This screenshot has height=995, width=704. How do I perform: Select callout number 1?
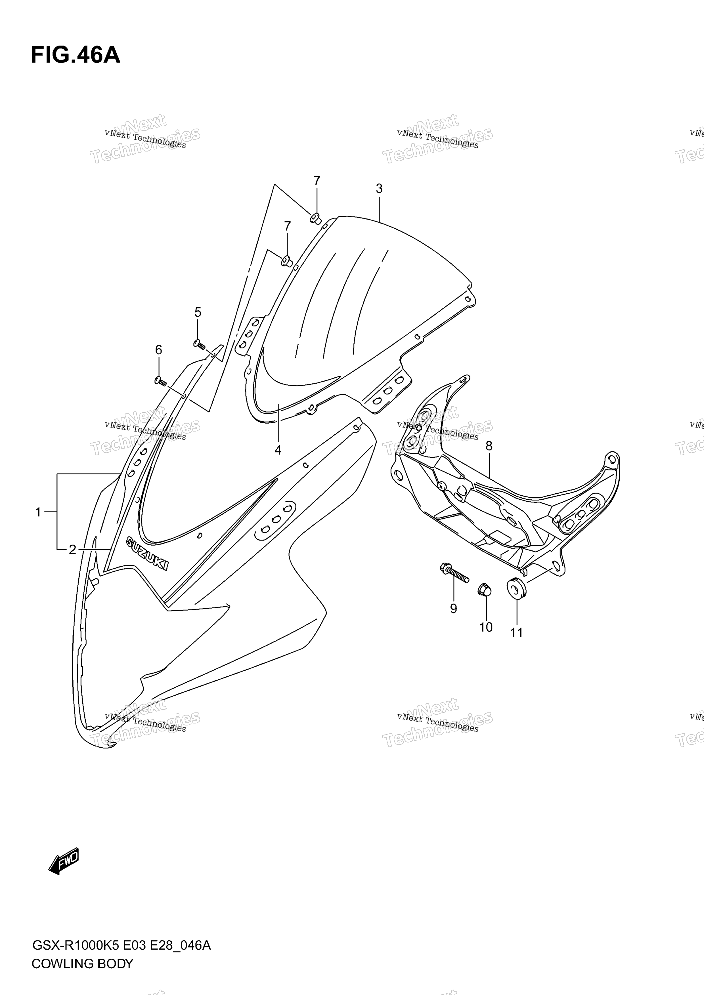click(x=38, y=512)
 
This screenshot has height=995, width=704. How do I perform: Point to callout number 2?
click(x=72, y=550)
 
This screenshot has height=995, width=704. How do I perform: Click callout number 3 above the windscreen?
click(x=379, y=188)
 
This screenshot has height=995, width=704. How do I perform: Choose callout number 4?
click(x=278, y=450)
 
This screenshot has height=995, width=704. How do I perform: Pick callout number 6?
click(x=159, y=350)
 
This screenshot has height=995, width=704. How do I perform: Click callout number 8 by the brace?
click(x=489, y=446)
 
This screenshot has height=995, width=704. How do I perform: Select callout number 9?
click(x=453, y=609)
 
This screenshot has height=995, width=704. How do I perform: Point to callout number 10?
click(x=486, y=627)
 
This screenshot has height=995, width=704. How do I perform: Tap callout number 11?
click(x=516, y=633)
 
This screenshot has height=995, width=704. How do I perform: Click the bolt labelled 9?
click(x=454, y=573)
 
